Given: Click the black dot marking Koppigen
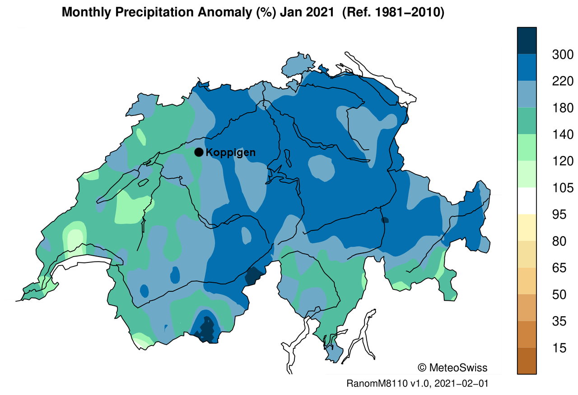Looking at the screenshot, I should (x=199, y=152).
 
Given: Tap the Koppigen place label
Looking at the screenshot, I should (x=230, y=152).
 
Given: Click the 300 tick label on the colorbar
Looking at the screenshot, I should (x=562, y=55).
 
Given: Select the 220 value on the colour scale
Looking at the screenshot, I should (x=562, y=81).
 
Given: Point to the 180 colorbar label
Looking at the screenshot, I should (x=562, y=108).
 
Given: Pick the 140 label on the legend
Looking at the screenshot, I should (x=562, y=134).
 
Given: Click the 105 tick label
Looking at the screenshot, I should (x=562, y=188).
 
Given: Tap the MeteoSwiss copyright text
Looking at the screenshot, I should (x=452, y=367).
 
